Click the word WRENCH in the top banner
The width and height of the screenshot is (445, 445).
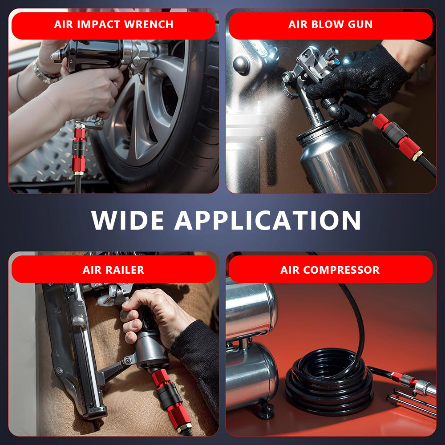(x=149, y=24)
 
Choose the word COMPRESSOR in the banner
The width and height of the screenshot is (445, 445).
(x=341, y=270)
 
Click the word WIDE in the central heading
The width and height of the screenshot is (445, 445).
(x=127, y=220)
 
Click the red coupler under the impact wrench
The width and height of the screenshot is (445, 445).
(x=79, y=149)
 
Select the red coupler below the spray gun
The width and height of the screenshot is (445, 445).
(x=397, y=137)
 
